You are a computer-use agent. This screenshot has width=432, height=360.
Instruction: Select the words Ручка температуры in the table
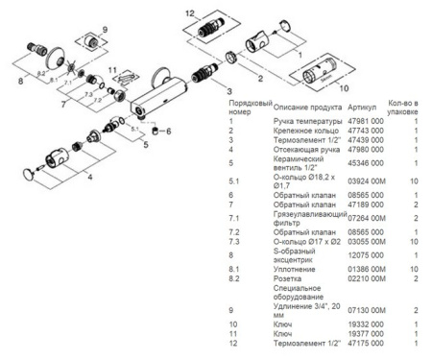click(304, 122)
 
